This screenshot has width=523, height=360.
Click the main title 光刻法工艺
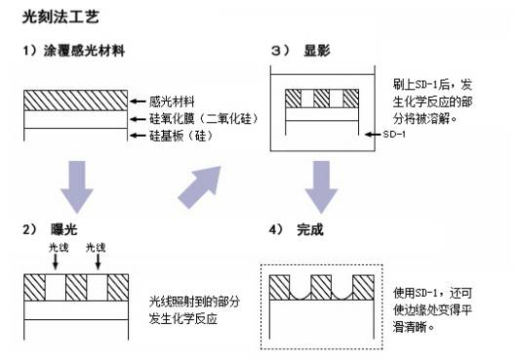click(60, 17)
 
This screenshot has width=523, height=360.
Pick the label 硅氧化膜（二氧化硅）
click(201, 117)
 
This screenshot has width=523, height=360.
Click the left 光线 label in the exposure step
click(59, 248)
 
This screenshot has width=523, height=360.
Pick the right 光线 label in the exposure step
click(98, 248)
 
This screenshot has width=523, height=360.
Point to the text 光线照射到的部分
click(193, 301)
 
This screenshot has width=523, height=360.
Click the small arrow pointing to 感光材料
click(139, 100)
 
